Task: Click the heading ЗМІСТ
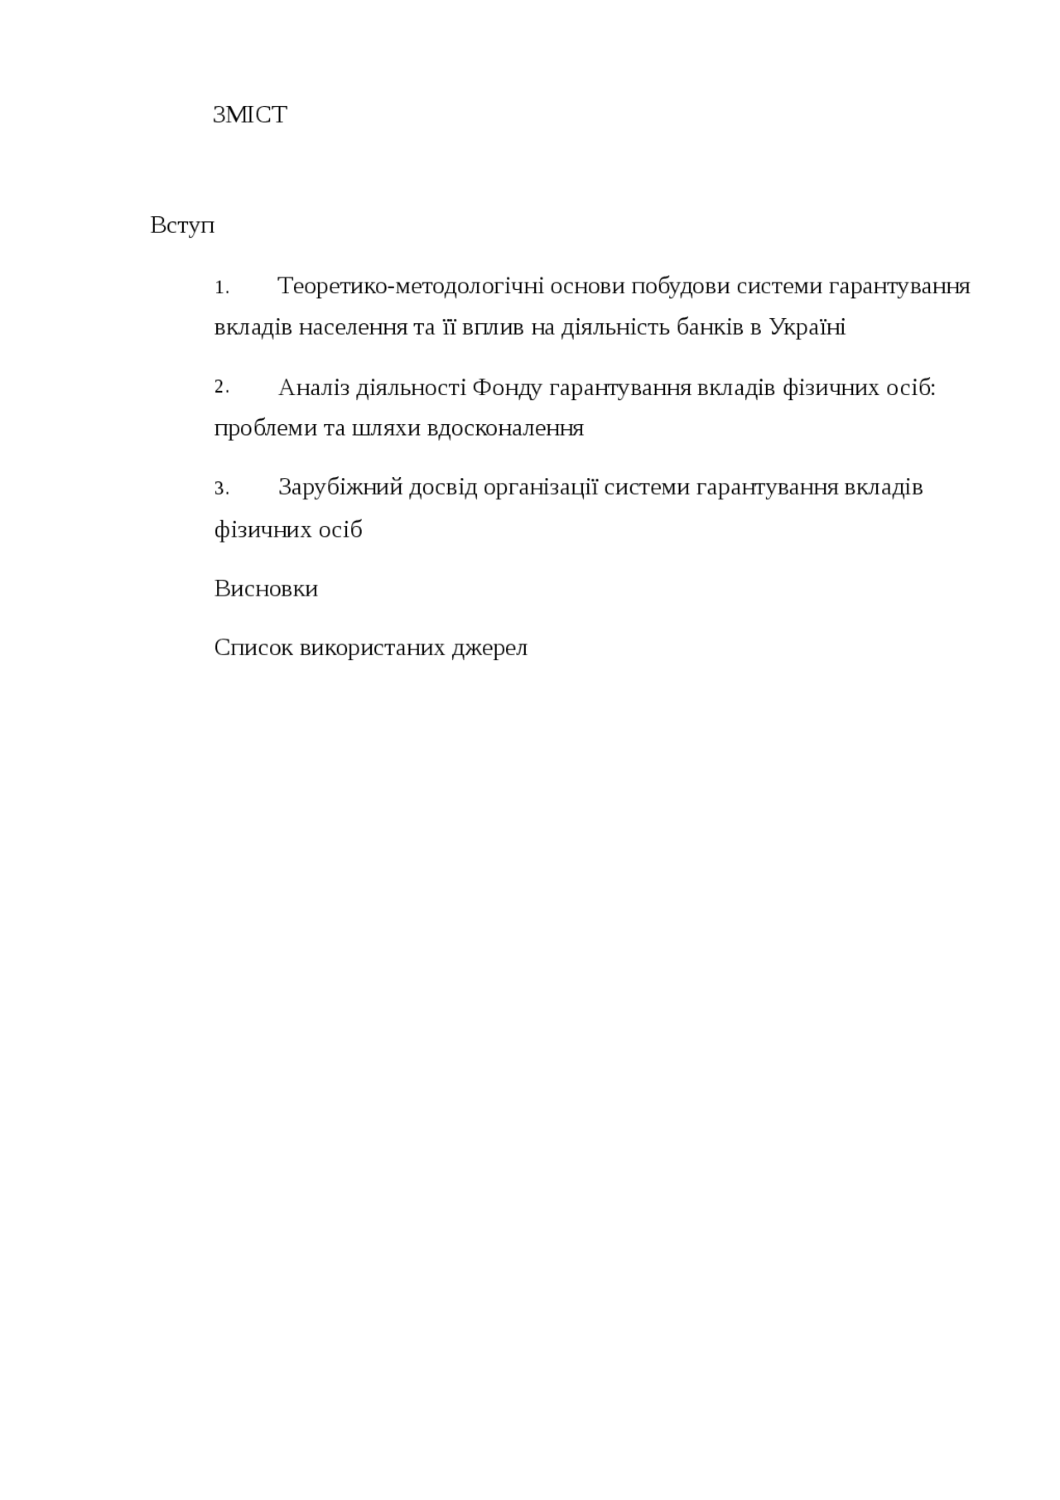pos(249,115)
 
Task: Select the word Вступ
pos(182,225)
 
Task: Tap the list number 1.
pos(221,288)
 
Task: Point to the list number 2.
pos(221,387)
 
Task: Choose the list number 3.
pos(221,489)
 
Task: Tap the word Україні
pos(807,327)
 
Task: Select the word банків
pos(711,327)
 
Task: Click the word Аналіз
pos(314,388)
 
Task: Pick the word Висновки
pos(266,589)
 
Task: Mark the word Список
pos(253,648)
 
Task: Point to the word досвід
pos(444,488)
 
